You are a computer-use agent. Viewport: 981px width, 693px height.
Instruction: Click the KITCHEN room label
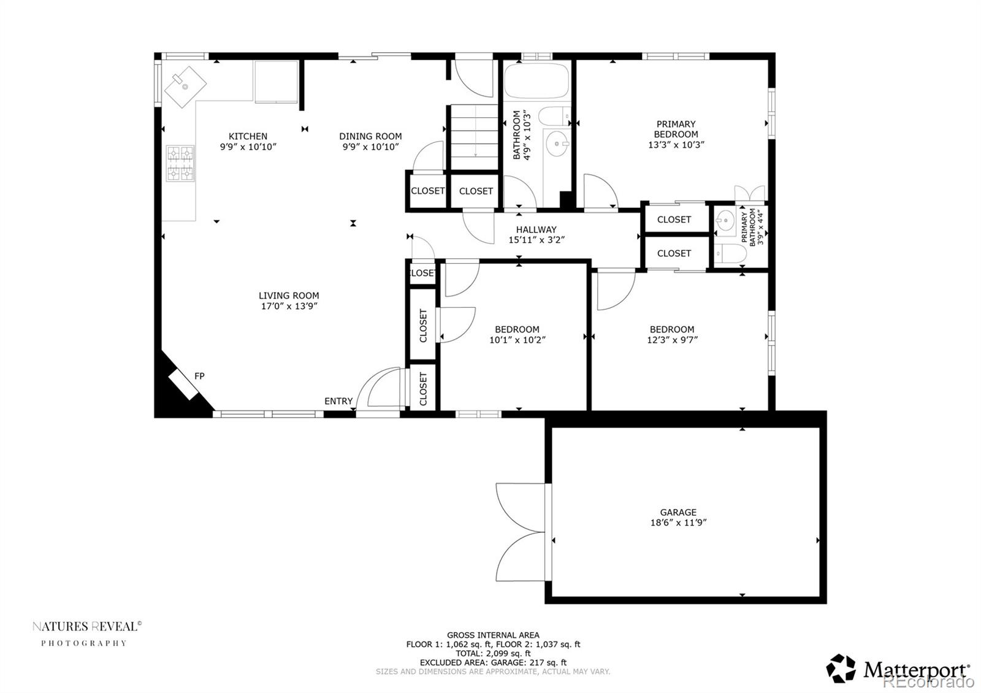pyautogui.click(x=248, y=136)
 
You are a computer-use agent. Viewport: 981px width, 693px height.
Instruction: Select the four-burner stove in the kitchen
pyautogui.click(x=180, y=163)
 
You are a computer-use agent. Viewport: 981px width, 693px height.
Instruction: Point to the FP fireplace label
pyautogui.click(x=199, y=376)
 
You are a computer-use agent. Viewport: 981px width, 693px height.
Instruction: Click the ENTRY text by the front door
pyautogui.click(x=338, y=401)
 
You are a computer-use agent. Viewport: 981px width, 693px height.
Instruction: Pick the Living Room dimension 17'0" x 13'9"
pyautogui.click(x=288, y=306)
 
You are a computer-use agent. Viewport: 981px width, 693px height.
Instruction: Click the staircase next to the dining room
pyautogui.click(x=475, y=137)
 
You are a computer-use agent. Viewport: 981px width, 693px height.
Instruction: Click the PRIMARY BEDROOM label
pyautogui.click(x=676, y=129)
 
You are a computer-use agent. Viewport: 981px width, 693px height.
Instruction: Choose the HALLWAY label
pyautogui.click(x=536, y=229)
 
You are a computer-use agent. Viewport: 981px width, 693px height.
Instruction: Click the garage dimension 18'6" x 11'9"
pyautogui.click(x=678, y=523)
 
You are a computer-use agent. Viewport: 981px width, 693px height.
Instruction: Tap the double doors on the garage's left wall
pyautogui.click(x=521, y=531)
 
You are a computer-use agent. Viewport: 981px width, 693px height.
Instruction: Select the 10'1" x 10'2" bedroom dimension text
pyautogui.click(x=517, y=340)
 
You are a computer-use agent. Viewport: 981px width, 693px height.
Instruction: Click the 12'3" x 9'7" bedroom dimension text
pyautogui.click(x=672, y=340)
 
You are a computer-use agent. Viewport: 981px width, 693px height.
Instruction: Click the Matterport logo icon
pyautogui.click(x=841, y=668)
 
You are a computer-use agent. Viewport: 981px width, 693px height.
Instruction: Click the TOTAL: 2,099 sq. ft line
pyautogui.click(x=493, y=653)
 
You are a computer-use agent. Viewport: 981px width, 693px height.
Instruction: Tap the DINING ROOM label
pyautogui.click(x=370, y=136)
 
